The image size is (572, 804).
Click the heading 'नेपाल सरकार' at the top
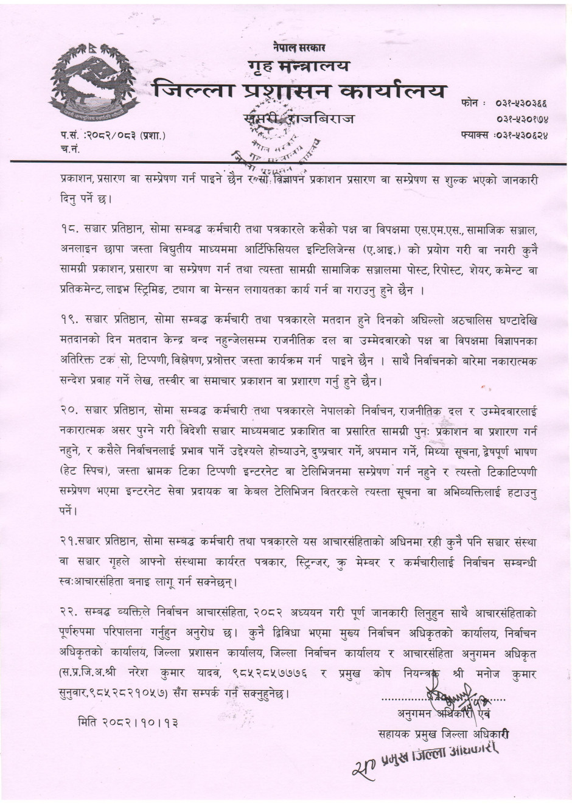(299, 47)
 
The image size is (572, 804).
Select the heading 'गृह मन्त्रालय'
(299, 65)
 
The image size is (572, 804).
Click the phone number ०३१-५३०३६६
(521, 103)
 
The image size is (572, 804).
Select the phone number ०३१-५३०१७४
(521, 118)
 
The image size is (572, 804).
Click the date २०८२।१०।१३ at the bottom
(128, 724)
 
